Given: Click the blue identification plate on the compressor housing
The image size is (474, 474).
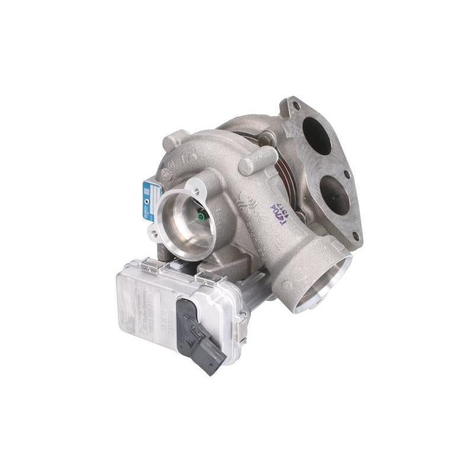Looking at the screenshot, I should point(148,201).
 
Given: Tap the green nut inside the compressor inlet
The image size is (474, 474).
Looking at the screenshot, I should point(201,217).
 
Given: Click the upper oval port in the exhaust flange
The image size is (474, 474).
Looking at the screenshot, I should point(316,135).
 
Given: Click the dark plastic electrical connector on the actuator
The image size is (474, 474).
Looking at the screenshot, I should point(200,335).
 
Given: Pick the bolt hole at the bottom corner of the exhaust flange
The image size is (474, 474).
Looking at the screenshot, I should point(355,235).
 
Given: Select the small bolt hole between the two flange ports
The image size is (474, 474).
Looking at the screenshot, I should point(345,174).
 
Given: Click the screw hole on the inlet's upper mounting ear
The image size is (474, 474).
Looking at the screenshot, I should point(196,190).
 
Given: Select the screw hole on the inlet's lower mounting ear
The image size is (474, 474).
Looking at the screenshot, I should point(155,233).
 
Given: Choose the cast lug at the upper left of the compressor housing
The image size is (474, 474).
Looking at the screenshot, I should point(172,140).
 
